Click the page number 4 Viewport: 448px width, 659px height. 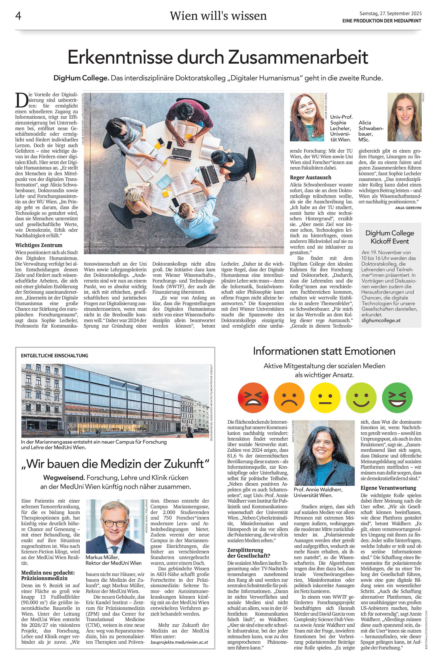[x=18, y=16]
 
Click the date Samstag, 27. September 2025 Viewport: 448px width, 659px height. [x=390, y=13]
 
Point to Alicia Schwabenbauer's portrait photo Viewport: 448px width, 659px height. [x=404, y=117]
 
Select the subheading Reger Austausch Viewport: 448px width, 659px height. [x=310, y=177]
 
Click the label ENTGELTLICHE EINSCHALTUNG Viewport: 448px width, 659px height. [x=54, y=356]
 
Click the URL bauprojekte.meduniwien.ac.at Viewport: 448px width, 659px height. [x=180, y=634]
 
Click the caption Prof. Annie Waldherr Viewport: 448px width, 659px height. [x=318, y=490]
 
